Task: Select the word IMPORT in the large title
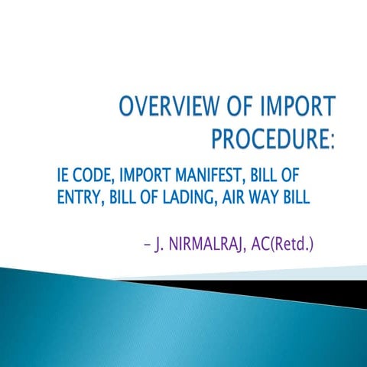click(303, 106)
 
